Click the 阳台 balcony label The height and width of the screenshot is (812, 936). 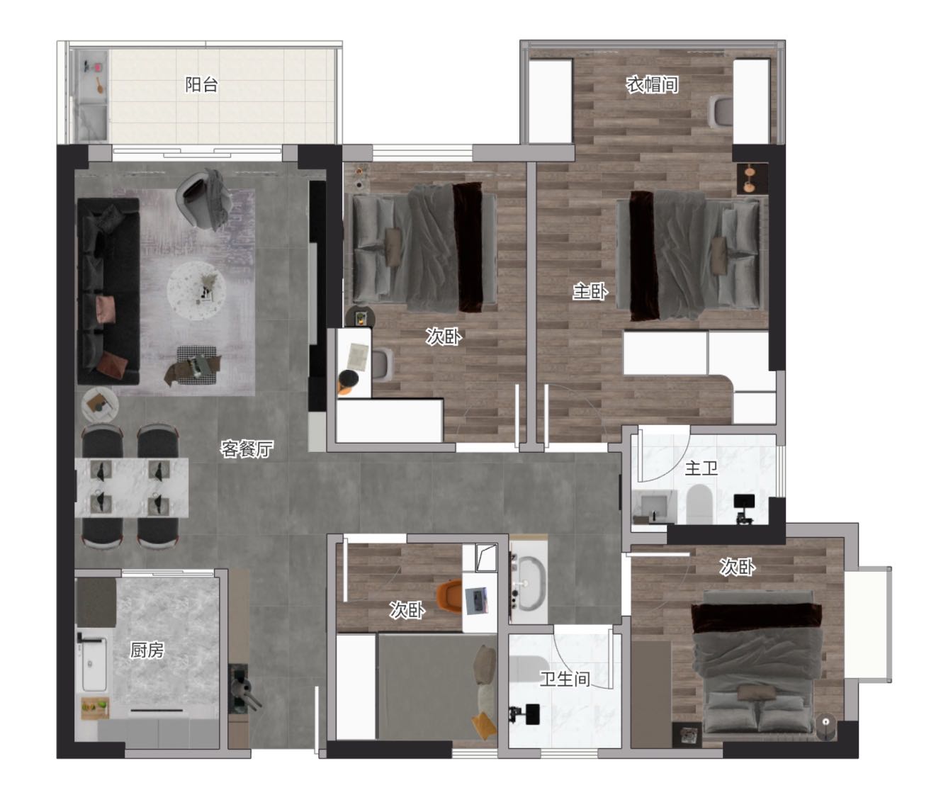pyautogui.click(x=201, y=84)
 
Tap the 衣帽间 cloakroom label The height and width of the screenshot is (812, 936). pyautogui.click(x=652, y=84)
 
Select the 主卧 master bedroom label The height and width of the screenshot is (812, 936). pyautogui.click(x=590, y=291)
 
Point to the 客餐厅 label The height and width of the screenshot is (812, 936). pyautogui.click(x=247, y=449)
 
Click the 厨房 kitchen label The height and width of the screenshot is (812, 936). pyautogui.click(x=147, y=650)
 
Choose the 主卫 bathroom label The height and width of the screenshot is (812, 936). pyautogui.click(x=701, y=468)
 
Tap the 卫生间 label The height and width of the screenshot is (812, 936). pyautogui.click(x=565, y=679)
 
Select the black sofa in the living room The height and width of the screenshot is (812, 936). pyautogui.click(x=108, y=291)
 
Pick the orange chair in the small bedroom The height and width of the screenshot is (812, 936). pyautogui.click(x=449, y=595)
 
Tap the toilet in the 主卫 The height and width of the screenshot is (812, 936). pyautogui.click(x=699, y=504)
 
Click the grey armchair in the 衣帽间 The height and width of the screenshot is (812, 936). pyautogui.click(x=721, y=111)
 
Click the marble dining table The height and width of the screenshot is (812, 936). pyautogui.click(x=131, y=487)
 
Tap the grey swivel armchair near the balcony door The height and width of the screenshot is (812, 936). pyautogui.click(x=203, y=198)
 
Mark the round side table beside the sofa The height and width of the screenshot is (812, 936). pyautogui.click(x=100, y=405)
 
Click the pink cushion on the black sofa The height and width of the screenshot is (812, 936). pyautogui.click(x=106, y=309)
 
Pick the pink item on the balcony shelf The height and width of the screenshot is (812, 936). pyautogui.click(x=98, y=67)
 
